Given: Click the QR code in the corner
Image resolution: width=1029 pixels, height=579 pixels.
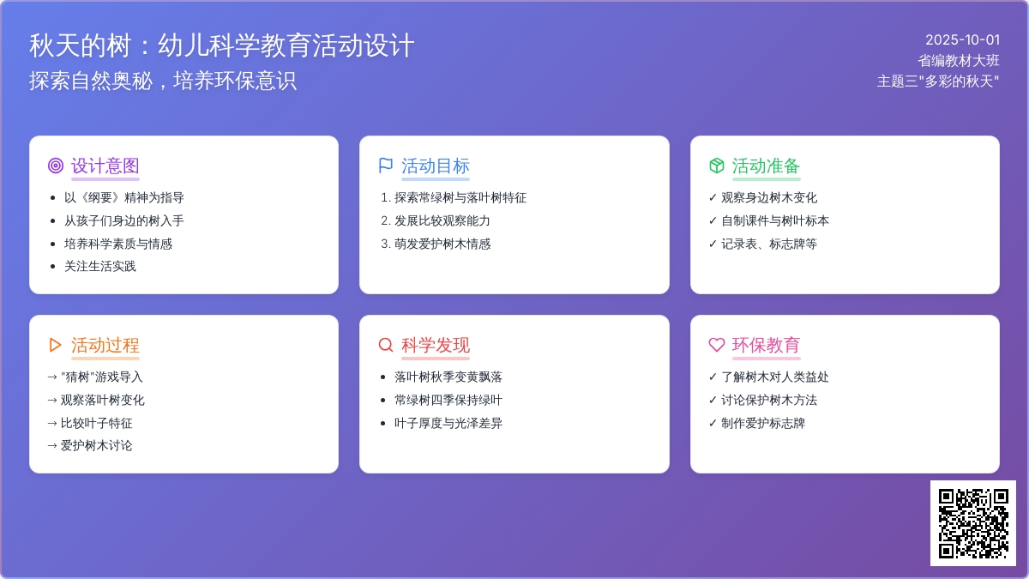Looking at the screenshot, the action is click(x=973, y=523).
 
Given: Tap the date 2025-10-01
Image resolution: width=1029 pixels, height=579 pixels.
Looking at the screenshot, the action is click(x=962, y=40).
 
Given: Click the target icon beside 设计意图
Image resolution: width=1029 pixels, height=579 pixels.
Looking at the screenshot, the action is click(x=56, y=166).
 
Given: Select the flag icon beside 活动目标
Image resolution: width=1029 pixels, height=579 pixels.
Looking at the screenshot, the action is click(x=386, y=166).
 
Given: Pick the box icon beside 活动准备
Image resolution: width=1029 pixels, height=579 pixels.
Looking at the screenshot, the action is click(x=717, y=166).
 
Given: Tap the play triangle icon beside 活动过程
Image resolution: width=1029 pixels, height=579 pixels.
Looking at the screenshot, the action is click(x=55, y=345).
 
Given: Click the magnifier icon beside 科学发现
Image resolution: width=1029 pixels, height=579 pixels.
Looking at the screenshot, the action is click(x=386, y=345).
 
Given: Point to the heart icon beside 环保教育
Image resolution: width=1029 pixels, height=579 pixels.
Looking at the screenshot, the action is click(x=717, y=345).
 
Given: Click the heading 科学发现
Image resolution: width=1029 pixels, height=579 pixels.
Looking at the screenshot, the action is click(x=436, y=345).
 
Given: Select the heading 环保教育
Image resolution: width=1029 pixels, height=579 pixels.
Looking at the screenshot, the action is click(x=766, y=345).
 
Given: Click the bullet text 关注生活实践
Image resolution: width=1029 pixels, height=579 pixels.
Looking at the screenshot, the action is click(x=100, y=267).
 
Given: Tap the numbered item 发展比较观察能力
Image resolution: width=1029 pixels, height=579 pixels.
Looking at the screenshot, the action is click(x=442, y=221).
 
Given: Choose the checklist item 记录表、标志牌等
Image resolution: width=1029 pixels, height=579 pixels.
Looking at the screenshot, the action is click(x=769, y=244).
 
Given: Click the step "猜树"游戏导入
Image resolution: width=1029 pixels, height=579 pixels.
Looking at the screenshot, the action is click(x=101, y=377).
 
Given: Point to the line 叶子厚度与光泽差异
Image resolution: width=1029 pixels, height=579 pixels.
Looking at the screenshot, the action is click(x=448, y=423).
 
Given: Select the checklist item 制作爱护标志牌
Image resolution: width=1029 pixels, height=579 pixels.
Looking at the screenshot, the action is click(x=763, y=423).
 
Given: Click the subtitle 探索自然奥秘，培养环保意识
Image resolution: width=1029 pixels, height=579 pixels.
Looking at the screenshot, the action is click(x=163, y=81).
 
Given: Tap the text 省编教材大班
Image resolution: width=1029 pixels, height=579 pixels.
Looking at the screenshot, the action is click(x=959, y=61).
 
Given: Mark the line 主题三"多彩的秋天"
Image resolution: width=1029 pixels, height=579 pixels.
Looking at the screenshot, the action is click(x=938, y=81).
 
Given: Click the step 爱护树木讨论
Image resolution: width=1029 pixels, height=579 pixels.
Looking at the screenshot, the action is click(x=96, y=446).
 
